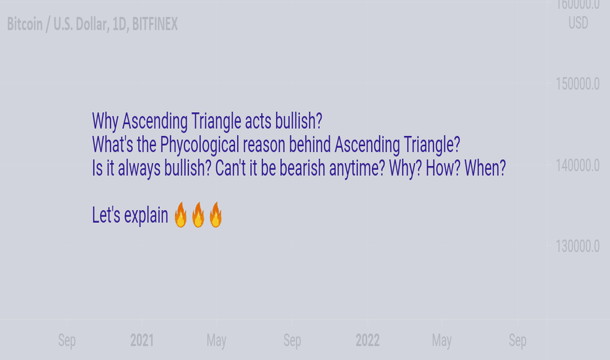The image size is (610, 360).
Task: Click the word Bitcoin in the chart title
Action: [25, 24]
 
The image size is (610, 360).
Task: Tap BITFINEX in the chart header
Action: [155, 24]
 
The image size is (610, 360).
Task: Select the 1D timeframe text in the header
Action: [120, 24]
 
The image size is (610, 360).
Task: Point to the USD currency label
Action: [578, 23]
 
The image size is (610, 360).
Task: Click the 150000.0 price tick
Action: [577, 84]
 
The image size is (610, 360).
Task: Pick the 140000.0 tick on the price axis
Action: [577, 166]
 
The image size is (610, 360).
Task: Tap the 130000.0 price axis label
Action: [577, 246]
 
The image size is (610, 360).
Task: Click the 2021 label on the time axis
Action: [142, 340]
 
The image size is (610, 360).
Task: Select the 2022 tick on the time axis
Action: [368, 340]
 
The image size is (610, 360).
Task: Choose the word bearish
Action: [302, 168]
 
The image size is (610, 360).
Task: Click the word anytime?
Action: [357, 169]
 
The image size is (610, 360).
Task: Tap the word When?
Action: [485, 168]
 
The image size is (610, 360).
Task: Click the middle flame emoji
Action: [198, 215]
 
